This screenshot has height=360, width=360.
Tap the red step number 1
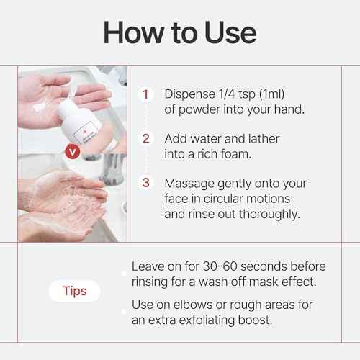point(146,94)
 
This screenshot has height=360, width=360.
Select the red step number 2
point(146,138)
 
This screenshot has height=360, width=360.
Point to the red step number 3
point(146,183)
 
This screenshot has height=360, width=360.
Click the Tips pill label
point(75,292)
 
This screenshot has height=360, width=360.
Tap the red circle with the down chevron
point(72,152)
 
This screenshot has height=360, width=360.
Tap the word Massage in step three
point(189,183)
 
